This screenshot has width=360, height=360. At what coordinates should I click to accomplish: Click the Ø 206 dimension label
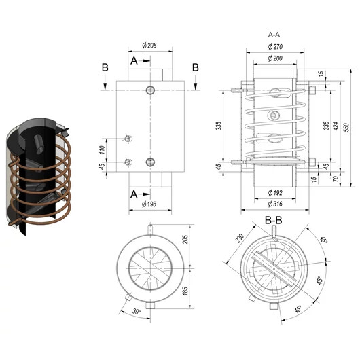(x=149, y=46)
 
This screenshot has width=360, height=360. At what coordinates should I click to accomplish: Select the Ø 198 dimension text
(x=149, y=204)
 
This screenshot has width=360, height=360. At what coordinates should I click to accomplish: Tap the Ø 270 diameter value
(x=275, y=47)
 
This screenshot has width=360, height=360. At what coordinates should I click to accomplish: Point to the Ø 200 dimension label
(x=275, y=58)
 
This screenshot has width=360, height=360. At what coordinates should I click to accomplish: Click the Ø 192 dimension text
(x=275, y=193)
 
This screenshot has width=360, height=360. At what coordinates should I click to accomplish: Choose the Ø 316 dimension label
(x=275, y=204)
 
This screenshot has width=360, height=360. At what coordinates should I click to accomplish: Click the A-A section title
(x=274, y=35)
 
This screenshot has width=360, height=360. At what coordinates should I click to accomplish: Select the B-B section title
(x=273, y=220)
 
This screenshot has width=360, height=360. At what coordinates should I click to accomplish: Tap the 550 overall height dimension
(x=346, y=128)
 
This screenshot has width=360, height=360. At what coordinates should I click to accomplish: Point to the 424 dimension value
(x=336, y=126)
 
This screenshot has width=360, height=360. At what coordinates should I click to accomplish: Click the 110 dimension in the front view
(x=102, y=149)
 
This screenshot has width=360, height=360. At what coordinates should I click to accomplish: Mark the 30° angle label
(x=137, y=312)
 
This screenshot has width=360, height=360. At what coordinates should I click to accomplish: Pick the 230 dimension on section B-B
(x=240, y=238)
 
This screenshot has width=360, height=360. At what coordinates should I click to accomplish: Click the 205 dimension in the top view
(x=185, y=239)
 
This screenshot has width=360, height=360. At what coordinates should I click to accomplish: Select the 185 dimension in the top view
(x=185, y=291)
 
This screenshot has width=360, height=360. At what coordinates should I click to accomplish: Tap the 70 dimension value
(x=336, y=179)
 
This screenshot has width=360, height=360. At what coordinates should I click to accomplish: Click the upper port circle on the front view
(x=150, y=90)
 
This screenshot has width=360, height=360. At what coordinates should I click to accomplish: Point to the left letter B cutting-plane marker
(x=105, y=67)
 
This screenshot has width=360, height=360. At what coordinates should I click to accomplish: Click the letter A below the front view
(x=134, y=194)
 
